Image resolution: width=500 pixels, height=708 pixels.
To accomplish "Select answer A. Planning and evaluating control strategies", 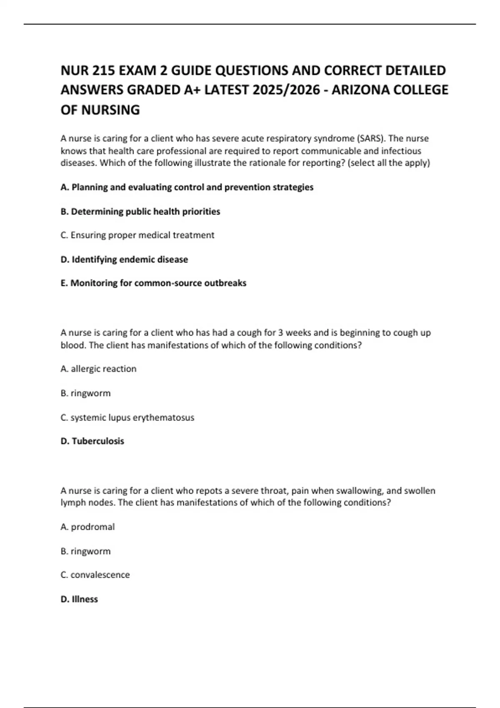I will click(x=187, y=187).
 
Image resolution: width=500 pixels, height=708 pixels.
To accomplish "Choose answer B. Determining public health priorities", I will click(x=140, y=212).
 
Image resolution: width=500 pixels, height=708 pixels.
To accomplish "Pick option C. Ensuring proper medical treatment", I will click(x=137, y=235).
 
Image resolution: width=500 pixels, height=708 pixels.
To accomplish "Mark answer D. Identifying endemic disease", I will click(x=124, y=259).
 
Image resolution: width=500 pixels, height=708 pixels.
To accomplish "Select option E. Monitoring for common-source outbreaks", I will click(x=153, y=283).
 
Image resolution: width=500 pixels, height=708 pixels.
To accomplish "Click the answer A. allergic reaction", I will click(x=98, y=369).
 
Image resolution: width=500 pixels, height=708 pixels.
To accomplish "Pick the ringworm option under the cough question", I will click(x=86, y=393).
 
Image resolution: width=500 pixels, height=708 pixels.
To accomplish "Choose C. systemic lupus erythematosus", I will click(x=127, y=417).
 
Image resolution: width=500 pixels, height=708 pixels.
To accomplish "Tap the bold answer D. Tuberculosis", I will click(x=92, y=441).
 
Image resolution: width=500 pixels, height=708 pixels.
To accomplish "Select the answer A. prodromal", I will click(x=87, y=527).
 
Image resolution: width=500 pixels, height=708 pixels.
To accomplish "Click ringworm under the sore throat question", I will click(x=86, y=551).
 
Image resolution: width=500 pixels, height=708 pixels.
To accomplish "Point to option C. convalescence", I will click(x=95, y=575).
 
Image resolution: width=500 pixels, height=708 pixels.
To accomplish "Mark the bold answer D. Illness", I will click(x=79, y=599).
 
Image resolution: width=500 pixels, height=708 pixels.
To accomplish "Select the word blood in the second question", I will click(x=72, y=345).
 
